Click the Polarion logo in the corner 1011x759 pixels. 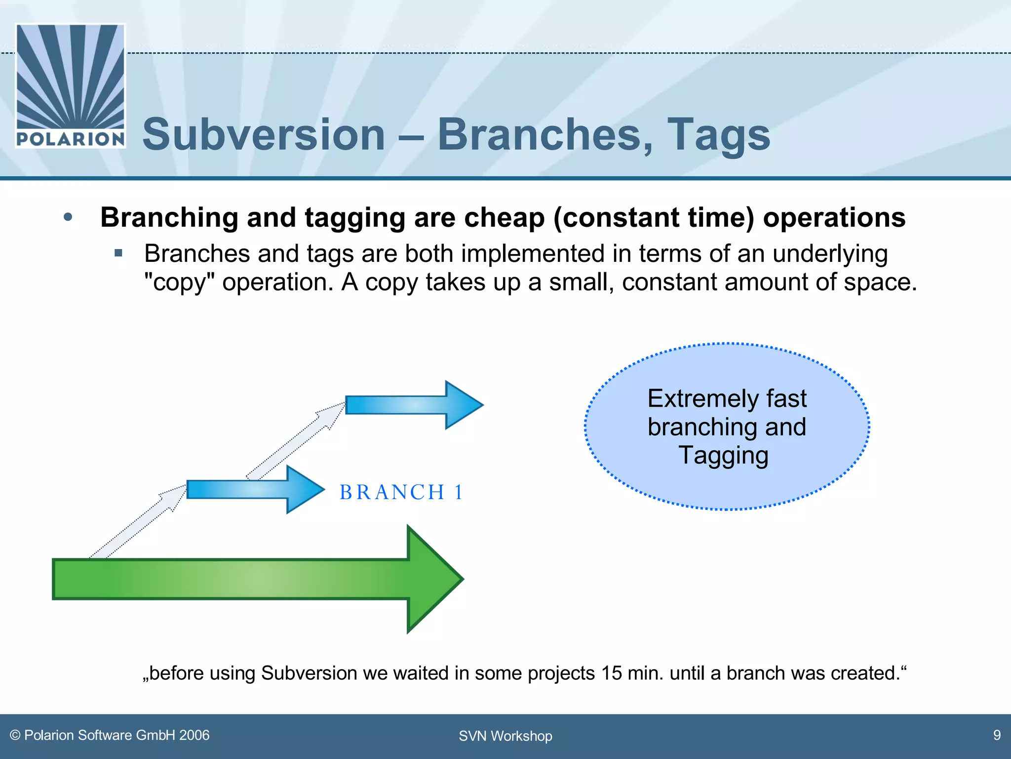click(x=71, y=85)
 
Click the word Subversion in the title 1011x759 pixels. click(x=264, y=135)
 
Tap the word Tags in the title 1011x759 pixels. click(x=718, y=135)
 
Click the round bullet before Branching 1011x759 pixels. click(x=68, y=217)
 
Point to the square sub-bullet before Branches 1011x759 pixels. click(x=118, y=253)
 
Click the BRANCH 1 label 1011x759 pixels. click(x=401, y=492)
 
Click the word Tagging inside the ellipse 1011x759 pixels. click(x=723, y=456)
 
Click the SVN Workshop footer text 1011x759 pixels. click(x=505, y=736)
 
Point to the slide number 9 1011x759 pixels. click(x=997, y=735)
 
